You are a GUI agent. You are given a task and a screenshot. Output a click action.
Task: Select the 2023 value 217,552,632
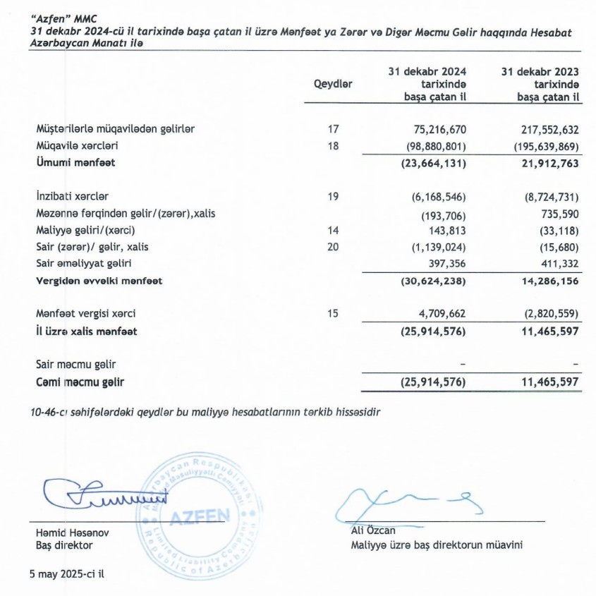[x=545, y=129]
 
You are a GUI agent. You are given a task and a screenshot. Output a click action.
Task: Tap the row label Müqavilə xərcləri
[x=77, y=146]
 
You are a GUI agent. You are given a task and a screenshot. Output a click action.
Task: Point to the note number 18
[x=334, y=146]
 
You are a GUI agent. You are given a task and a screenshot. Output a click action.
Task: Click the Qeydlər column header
[x=333, y=84]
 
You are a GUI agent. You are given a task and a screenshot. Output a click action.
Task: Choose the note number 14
[x=334, y=230]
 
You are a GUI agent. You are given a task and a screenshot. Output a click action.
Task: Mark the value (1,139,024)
[x=432, y=247]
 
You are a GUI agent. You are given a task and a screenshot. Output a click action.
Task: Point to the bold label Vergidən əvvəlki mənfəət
[x=99, y=281]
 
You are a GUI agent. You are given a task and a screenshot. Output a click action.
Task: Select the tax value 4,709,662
[x=437, y=313]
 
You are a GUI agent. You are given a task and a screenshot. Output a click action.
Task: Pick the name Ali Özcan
[x=373, y=530]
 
